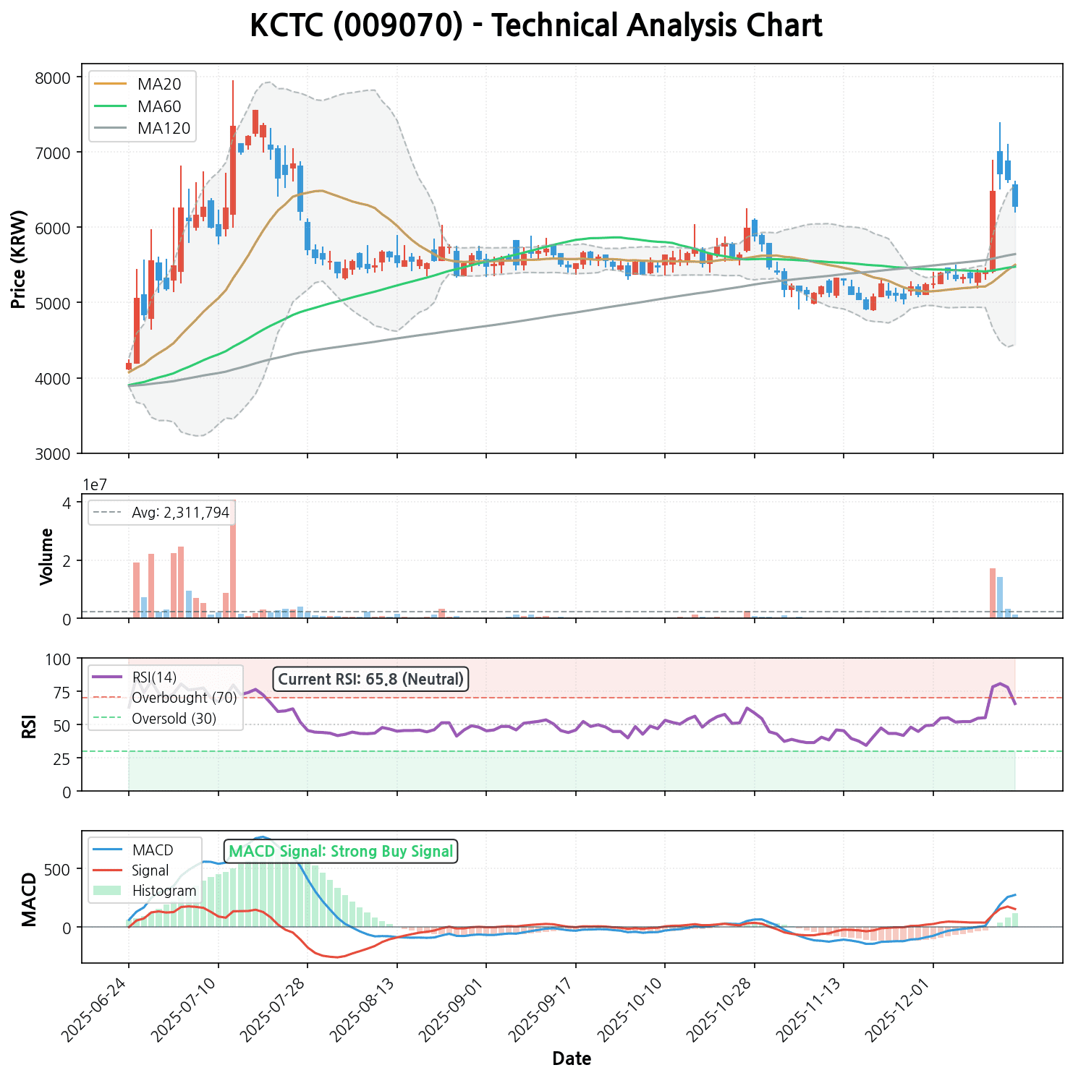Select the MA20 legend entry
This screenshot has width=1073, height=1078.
click(x=159, y=84)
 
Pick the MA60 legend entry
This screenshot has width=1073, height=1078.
click(x=159, y=106)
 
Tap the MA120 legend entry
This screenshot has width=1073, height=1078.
click(x=164, y=129)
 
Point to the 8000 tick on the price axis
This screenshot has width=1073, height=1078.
click(x=56, y=77)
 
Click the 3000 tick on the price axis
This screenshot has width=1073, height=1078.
click(x=56, y=453)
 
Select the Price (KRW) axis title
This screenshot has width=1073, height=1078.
click(x=20, y=259)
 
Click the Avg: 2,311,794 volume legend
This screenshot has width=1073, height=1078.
click(x=180, y=513)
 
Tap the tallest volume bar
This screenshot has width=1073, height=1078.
click(x=233, y=558)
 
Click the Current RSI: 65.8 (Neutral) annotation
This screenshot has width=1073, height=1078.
click(x=370, y=679)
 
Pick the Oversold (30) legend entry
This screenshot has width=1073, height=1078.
click(x=174, y=719)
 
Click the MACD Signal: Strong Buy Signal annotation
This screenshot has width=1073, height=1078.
click(x=341, y=851)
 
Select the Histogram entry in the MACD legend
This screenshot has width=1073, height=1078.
click(x=164, y=891)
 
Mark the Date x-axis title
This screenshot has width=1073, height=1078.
click(x=572, y=1059)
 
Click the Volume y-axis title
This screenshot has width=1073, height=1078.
click(x=47, y=556)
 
